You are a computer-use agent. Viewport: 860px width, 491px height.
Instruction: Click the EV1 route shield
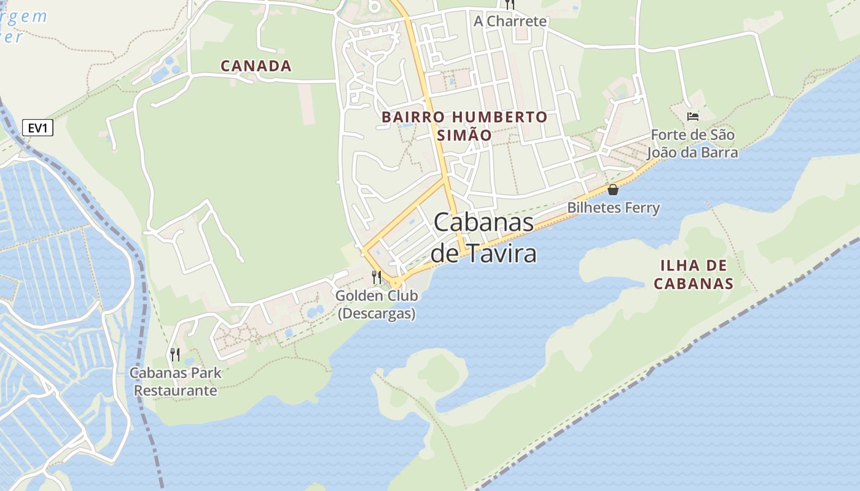(x=38, y=128)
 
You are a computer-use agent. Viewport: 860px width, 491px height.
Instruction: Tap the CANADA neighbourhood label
(x=256, y=66)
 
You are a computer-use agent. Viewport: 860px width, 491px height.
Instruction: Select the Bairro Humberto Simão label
(x=464, y=126)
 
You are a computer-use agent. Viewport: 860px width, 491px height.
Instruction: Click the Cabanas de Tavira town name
(x=483, y=238)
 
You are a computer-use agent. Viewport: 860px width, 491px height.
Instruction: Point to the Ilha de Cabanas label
(x=694, y=274)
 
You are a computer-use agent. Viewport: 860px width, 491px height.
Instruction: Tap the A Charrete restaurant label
(x=510, y=21)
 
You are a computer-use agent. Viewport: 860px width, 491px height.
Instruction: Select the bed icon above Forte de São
(x=693, y=116)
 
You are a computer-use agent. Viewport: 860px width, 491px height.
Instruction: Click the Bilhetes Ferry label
(x=613, y=207)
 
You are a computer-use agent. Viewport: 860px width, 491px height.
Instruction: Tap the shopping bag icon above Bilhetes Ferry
(x=612, y=190)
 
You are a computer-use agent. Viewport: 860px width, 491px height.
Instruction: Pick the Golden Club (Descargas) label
(x=377, y=304)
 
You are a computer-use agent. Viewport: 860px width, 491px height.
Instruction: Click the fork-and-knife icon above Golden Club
(x=377, y=277)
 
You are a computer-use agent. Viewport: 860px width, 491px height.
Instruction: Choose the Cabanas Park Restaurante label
(x=176, y=381)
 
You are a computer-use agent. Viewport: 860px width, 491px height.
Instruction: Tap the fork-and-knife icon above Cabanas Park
(x=175, y=354)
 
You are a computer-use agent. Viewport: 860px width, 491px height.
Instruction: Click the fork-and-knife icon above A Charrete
(x=509, y=4)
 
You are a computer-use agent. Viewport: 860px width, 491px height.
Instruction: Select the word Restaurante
(x=176, y=390)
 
